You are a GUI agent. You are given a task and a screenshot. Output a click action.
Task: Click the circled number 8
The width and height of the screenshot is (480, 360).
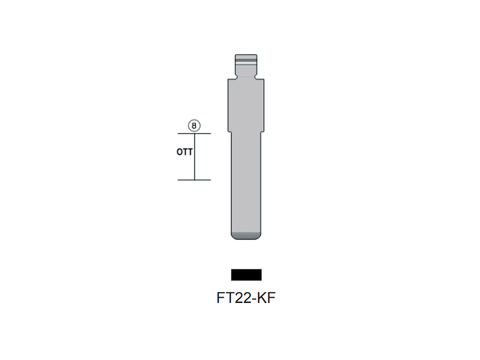[x=194, y=126]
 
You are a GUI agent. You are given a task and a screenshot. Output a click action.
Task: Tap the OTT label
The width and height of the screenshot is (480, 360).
[x=184, y=152]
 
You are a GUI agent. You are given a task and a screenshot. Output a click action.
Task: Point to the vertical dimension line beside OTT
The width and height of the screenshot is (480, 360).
[x=194, y=162]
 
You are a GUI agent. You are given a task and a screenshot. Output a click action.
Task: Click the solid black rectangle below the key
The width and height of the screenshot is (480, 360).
[x=246, y=275]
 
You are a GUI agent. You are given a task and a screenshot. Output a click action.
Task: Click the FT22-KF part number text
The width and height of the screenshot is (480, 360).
[x=246, y=298]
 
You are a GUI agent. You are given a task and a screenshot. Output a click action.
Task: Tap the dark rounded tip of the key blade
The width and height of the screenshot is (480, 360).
[x=246, y=235]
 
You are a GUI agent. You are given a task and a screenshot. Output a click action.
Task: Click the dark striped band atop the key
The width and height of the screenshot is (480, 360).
[x=246, y=60]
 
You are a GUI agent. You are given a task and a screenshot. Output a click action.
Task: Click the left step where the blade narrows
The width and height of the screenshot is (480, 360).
[x=229, y=132]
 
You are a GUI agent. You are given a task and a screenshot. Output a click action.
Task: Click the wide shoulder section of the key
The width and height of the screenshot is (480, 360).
[x=246, y=105]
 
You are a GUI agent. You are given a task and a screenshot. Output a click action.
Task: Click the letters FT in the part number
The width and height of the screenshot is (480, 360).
[x=224, y=298]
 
